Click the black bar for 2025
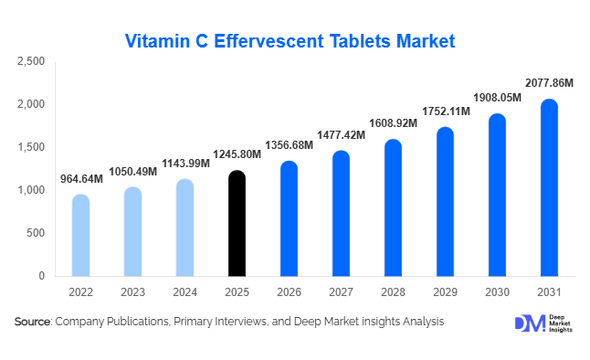tap(237, 223)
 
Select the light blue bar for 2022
tap(80, 235)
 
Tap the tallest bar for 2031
tap(548, 187)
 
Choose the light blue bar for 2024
tap(184, 228)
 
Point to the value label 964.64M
tap(80, 179)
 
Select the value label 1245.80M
tap(237, 154)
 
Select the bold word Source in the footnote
tap(33, 322)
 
